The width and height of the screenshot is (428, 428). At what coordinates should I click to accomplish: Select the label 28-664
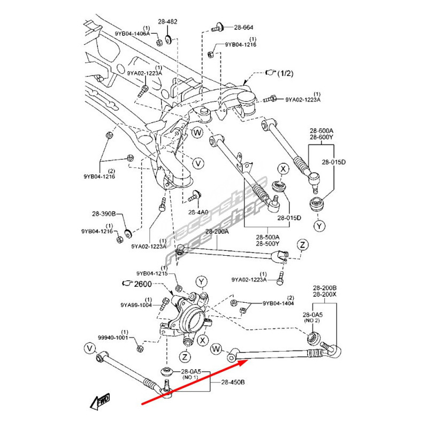(x=243, y=27)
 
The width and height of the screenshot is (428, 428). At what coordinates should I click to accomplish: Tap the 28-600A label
(x=321, y=130)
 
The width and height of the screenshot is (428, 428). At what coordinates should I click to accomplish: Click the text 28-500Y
(x=267, y=243)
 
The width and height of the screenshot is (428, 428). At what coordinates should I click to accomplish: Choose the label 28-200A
(x=217, y=232)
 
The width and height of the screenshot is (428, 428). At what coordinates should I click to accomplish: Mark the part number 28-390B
(x=103, y=213)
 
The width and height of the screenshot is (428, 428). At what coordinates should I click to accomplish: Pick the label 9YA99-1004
(x=136, y=305)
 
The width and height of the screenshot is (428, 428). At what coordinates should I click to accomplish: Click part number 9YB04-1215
(x=152, y=273)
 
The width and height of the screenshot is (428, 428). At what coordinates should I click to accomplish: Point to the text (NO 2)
(x=312, y=320)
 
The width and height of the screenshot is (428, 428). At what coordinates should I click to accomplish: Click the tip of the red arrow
(x=247, y=362)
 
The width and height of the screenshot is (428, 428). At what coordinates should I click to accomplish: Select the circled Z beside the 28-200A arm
(x=302, y=244)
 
